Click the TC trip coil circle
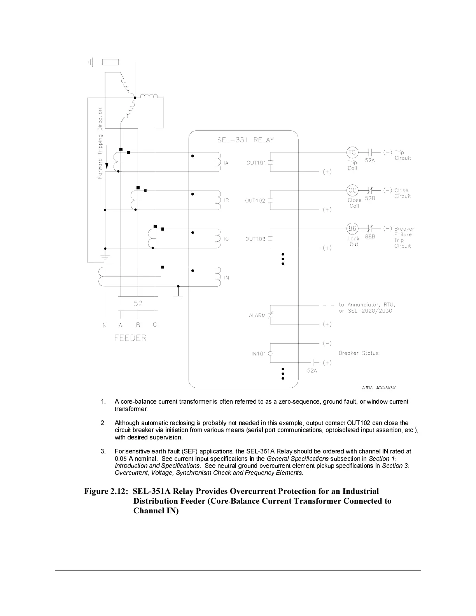click(352, 152)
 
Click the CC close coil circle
click(352, 191)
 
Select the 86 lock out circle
click(352, 229)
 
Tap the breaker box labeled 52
click(138, 303)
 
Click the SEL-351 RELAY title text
click(245, 140)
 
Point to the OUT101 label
click(256, 163)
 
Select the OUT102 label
click(255, 201)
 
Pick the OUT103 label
click(255, 239)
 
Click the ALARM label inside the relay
click(257, 315)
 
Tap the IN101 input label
click(259, 353)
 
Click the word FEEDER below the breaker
click(130, 338)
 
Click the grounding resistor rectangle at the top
click(110, 62)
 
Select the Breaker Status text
click(359, 353)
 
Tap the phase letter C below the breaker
click(155, 325)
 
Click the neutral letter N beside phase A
click(105, 325)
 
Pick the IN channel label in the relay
click(226, 278)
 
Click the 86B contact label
click(370, 236)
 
